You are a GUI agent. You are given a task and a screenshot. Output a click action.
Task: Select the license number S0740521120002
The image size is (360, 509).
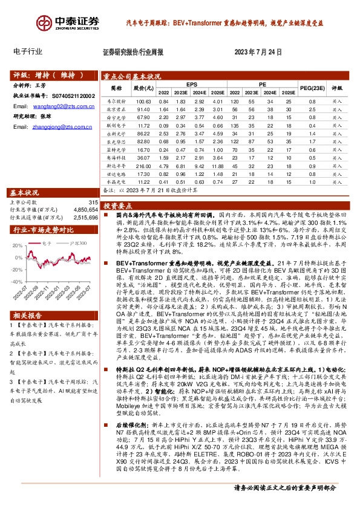(x=72, y=96)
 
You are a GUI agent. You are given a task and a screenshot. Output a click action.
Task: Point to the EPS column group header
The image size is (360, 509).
(x=191, y=84)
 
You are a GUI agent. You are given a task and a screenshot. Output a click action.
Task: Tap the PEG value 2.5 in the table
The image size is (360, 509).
(x=312, y=109)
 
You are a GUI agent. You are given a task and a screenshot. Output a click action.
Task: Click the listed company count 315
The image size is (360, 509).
(x=93, y=202)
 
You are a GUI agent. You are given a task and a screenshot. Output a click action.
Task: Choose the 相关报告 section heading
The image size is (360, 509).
(x=30, y=332)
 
